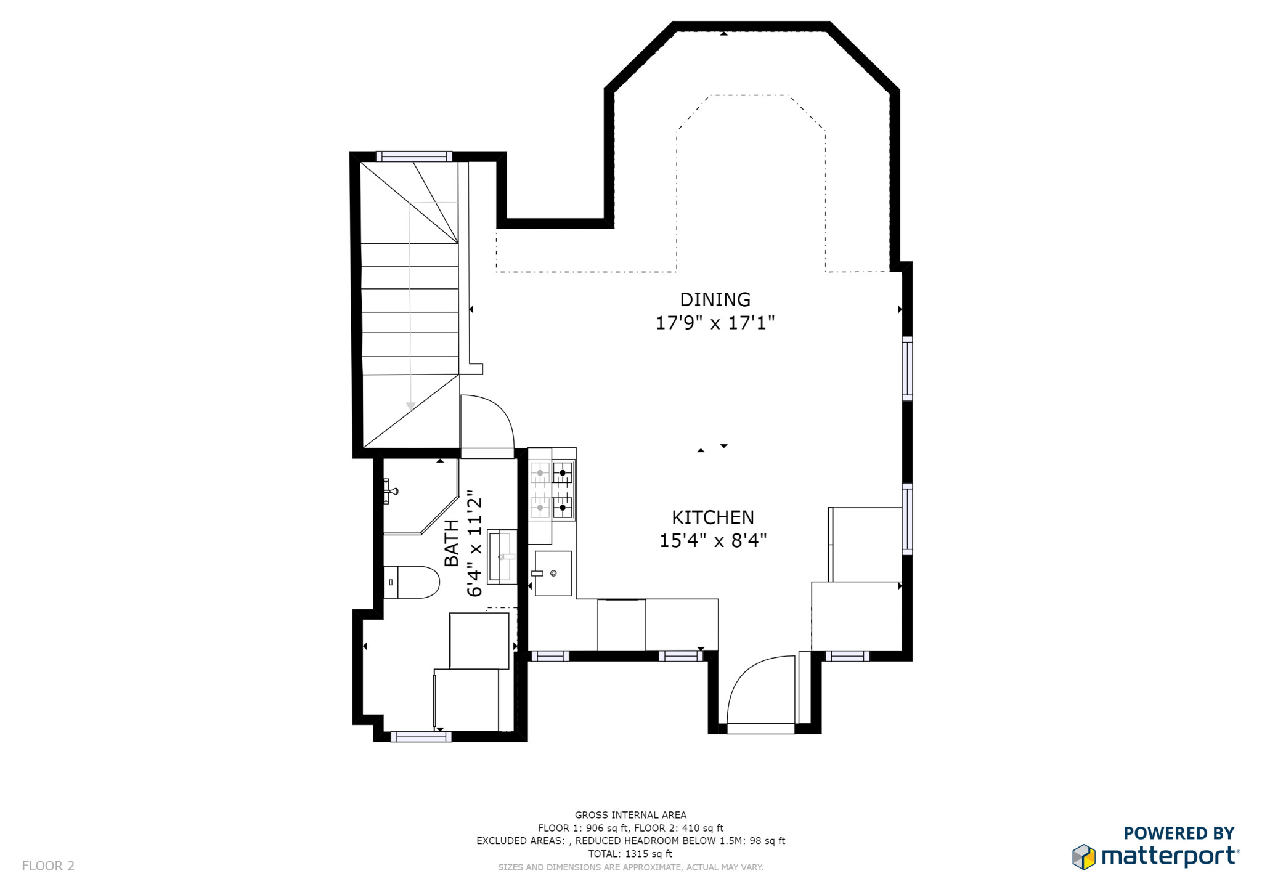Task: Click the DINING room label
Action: [715, 299]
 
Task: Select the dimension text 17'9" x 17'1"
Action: [715, 323]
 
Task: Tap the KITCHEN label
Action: [712, 517]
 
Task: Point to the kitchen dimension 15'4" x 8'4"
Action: [712, 541]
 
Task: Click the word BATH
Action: [452, 543]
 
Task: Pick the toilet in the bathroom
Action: [412, 582]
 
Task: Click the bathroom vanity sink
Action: [502, 556]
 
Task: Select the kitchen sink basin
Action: [553, 574]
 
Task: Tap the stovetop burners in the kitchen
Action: [552, 490]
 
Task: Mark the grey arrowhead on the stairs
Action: [410, 406]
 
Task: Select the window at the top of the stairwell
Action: [414, 156]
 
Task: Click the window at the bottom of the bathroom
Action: [421, 737]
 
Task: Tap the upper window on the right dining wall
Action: [907, 368]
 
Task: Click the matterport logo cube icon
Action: [1084, 857]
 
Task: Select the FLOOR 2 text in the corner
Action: [48, 866]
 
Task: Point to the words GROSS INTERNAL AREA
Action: [630, 815]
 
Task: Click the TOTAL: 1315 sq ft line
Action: [630, 854]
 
